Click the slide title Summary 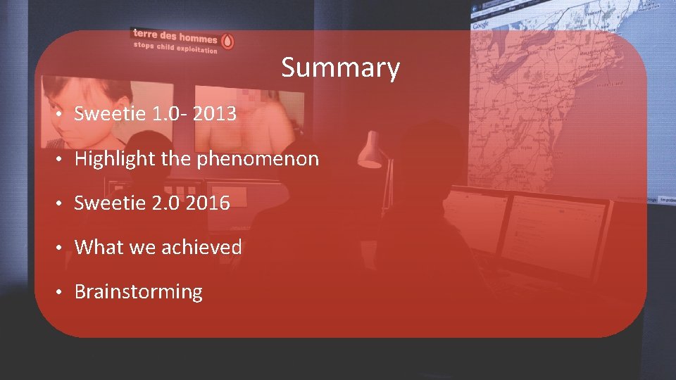coord(340,68)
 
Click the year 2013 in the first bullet coord(213,114)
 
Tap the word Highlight coord(115,159)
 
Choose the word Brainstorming coord(138,292)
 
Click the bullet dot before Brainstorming coord(63,292)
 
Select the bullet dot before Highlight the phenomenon coord(63,159)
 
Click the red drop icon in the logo coord(227,40)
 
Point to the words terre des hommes coord(175,36)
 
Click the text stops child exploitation coord(175,47)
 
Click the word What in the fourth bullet coord(96,247)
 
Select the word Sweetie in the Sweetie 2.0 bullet coord(106,203)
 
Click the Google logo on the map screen coord(480,25)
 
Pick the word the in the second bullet coord(176,159)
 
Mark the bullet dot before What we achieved coord(63,248)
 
